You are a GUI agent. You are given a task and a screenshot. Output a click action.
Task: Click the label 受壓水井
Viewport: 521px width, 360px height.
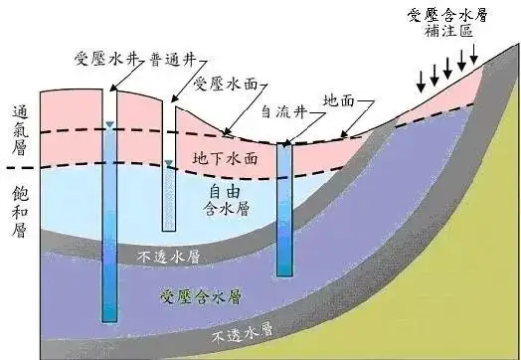106,59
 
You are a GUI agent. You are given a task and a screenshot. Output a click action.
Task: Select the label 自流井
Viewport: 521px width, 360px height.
284,111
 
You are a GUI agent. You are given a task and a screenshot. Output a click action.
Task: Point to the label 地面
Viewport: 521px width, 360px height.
339,100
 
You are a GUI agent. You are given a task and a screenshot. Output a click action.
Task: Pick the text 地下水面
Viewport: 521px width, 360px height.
226,158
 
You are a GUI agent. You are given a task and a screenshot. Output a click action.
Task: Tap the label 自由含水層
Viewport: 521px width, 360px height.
226,201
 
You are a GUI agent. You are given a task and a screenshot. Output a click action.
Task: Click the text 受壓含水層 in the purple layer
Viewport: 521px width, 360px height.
201,296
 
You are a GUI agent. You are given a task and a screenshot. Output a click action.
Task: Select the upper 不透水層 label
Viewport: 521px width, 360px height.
169,257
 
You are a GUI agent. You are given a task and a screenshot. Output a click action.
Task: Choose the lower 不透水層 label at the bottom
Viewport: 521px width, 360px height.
243,332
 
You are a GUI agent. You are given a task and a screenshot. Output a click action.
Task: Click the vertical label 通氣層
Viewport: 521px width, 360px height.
20,130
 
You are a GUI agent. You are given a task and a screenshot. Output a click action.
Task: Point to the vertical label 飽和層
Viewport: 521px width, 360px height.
20,212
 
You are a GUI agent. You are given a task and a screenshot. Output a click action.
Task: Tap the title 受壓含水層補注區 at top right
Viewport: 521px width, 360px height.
447,23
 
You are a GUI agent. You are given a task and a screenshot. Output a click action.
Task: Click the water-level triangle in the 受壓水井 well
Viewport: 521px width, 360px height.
109,124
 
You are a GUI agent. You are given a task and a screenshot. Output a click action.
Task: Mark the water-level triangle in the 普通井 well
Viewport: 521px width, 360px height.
169,163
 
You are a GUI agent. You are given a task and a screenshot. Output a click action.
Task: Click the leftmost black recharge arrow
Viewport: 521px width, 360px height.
421,82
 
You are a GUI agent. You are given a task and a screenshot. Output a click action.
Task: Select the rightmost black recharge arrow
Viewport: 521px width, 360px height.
474,54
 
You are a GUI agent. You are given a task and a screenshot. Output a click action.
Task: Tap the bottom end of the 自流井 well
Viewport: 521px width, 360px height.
284,275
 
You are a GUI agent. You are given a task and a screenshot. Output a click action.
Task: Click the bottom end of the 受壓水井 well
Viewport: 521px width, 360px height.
109,322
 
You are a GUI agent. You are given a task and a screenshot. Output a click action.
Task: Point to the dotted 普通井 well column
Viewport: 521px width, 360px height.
169,198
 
